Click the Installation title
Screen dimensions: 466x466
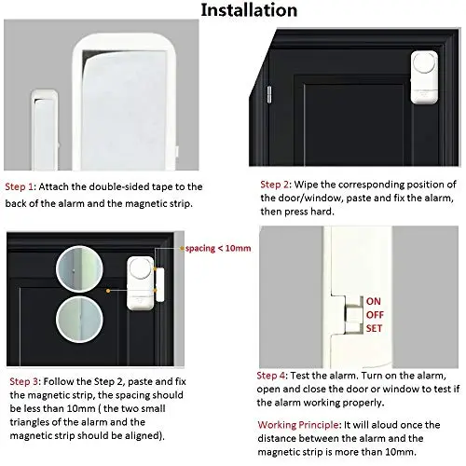249,9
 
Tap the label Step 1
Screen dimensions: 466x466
19,186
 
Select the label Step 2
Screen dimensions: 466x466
275,185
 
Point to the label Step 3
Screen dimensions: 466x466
24,381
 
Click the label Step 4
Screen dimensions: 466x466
271,376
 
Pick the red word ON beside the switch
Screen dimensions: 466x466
373,301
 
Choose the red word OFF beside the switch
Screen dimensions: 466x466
375,315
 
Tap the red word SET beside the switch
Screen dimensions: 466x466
374,328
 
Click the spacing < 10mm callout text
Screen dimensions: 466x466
218,248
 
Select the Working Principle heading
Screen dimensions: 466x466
298,425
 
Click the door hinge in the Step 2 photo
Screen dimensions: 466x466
269,94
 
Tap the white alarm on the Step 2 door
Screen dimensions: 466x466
424,77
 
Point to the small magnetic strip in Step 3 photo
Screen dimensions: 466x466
159,284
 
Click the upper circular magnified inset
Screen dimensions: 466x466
79,269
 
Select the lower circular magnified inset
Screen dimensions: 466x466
79,320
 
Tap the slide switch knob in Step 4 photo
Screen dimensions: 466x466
352,315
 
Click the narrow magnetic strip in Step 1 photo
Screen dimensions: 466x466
45,130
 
